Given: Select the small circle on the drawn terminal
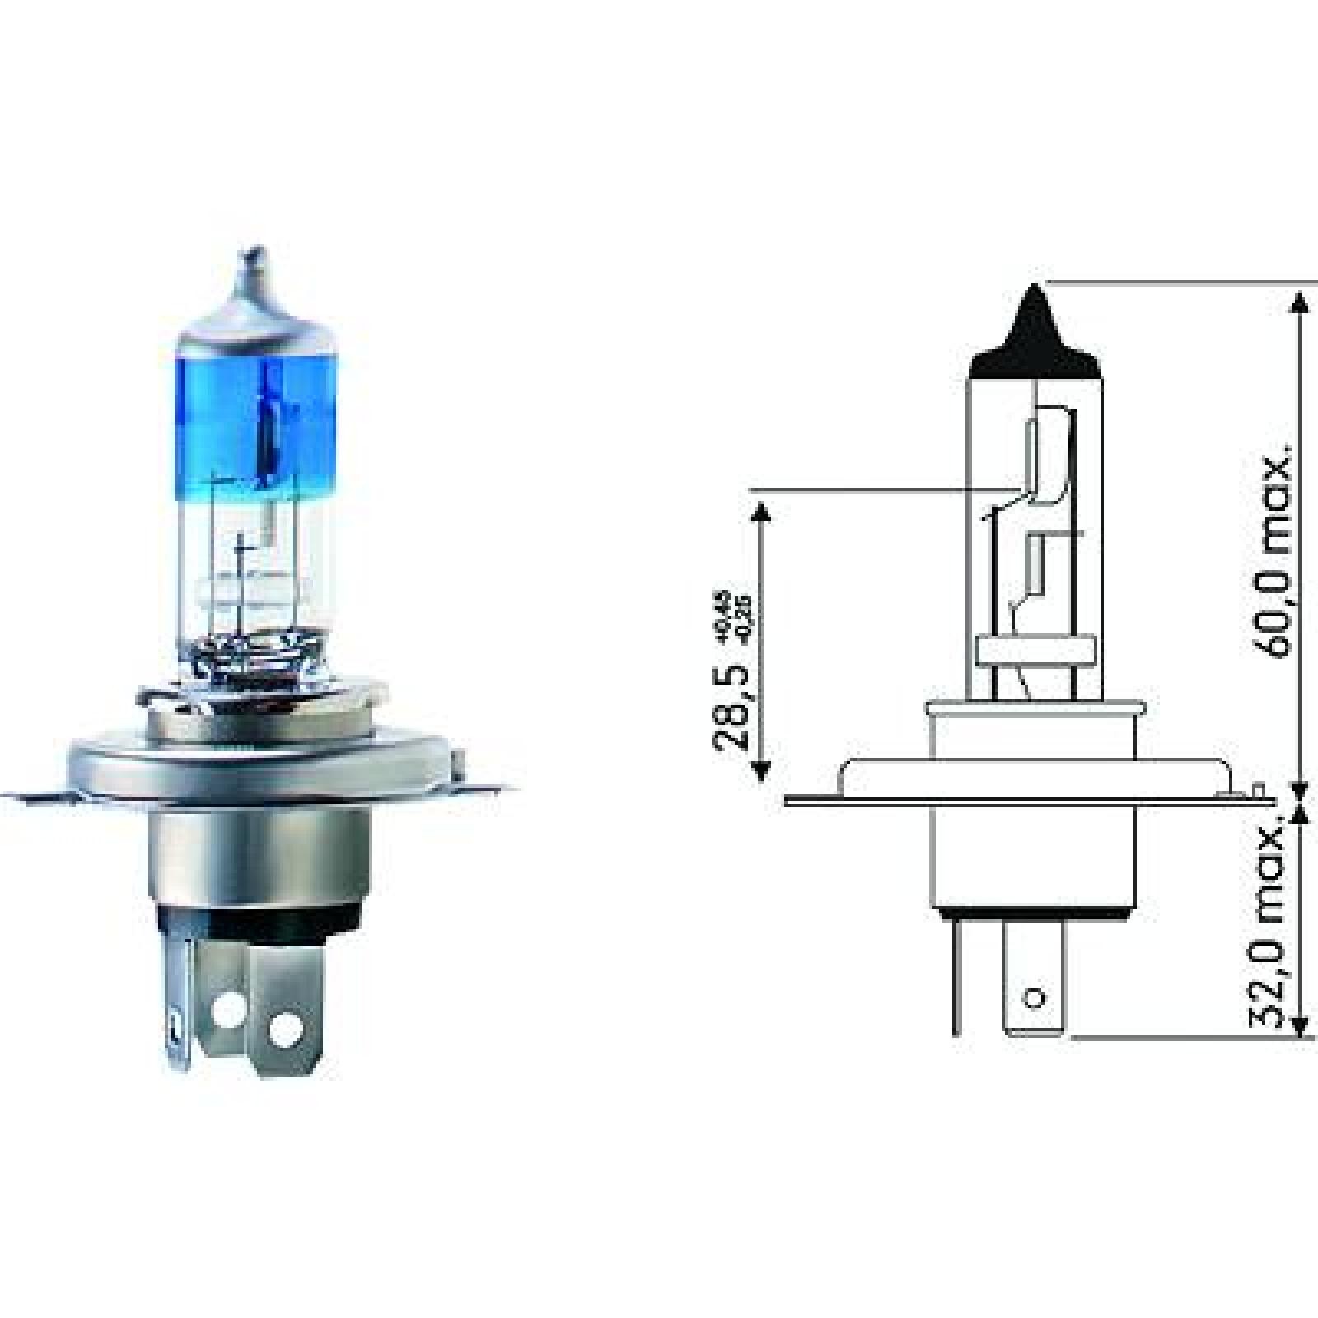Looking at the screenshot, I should [x=1035, y=998].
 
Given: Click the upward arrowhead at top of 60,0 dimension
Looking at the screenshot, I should [x=1300, y=301].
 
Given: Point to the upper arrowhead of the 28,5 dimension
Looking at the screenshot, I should [x=761, y=515].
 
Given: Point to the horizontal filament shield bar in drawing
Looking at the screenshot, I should [x=1037, y=651].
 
